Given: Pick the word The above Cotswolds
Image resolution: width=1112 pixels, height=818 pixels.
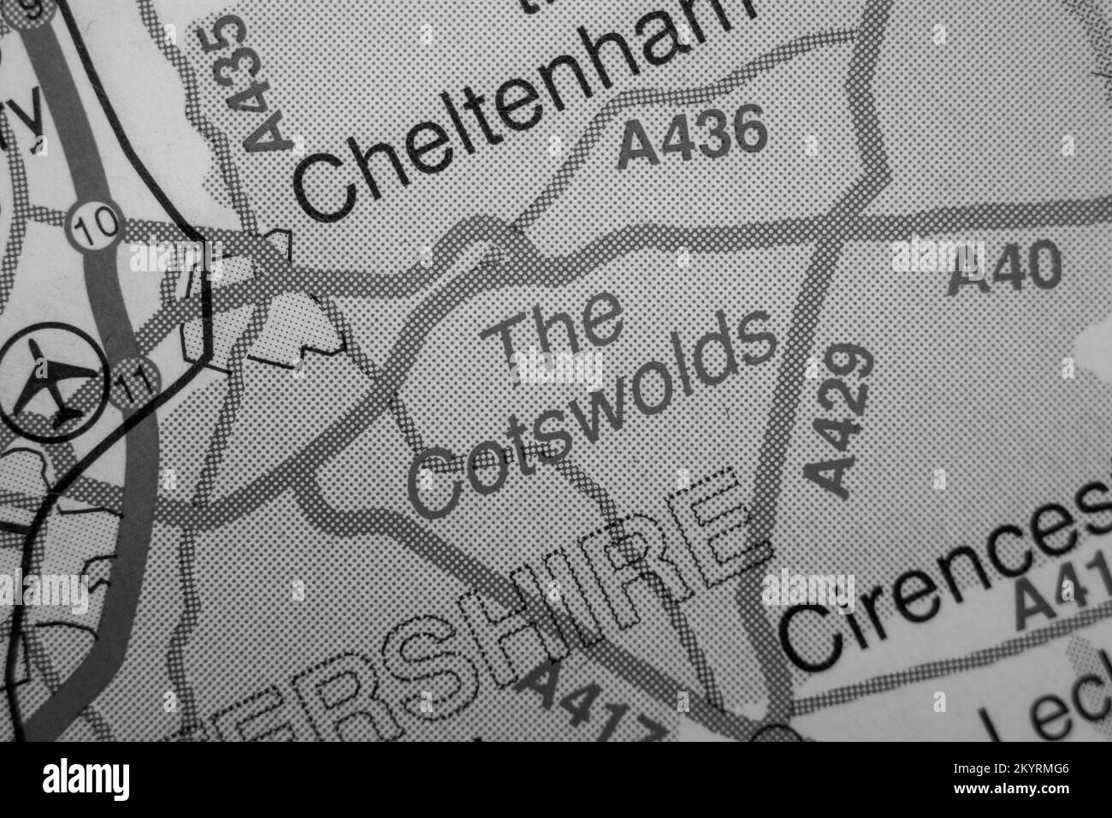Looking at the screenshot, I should (x=560, y=335).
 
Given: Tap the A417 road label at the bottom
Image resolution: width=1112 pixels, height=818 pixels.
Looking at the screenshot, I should (x=590, y=702).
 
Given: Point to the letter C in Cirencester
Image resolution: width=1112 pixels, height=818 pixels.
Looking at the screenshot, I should (x=809, y=637).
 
